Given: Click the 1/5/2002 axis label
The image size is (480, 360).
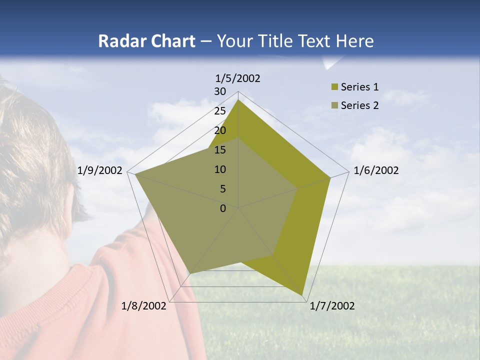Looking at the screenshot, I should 238,78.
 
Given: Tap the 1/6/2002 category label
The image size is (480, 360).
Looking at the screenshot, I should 376,170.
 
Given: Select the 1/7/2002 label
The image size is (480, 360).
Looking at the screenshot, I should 332,306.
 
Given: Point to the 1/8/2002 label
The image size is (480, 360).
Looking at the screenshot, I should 144,306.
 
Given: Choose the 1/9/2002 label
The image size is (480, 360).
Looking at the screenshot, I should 100,170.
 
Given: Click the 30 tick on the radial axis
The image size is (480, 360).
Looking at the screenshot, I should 220,91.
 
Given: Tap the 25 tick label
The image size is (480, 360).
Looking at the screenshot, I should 220,111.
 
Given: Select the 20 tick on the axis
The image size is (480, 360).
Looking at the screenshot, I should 220,130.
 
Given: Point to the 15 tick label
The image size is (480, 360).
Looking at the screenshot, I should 220,150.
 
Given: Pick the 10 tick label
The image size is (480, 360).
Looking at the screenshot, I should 220,169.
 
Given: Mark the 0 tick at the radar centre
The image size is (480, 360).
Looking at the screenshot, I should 223,208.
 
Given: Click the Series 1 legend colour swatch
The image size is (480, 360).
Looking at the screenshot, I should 334,87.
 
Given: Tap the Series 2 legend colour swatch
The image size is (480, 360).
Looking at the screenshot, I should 334,105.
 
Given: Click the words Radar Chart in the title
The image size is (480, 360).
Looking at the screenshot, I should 146,41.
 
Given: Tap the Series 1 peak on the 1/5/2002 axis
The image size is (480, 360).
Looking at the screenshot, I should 238,100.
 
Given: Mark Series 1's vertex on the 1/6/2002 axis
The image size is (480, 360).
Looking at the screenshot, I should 330,178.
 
